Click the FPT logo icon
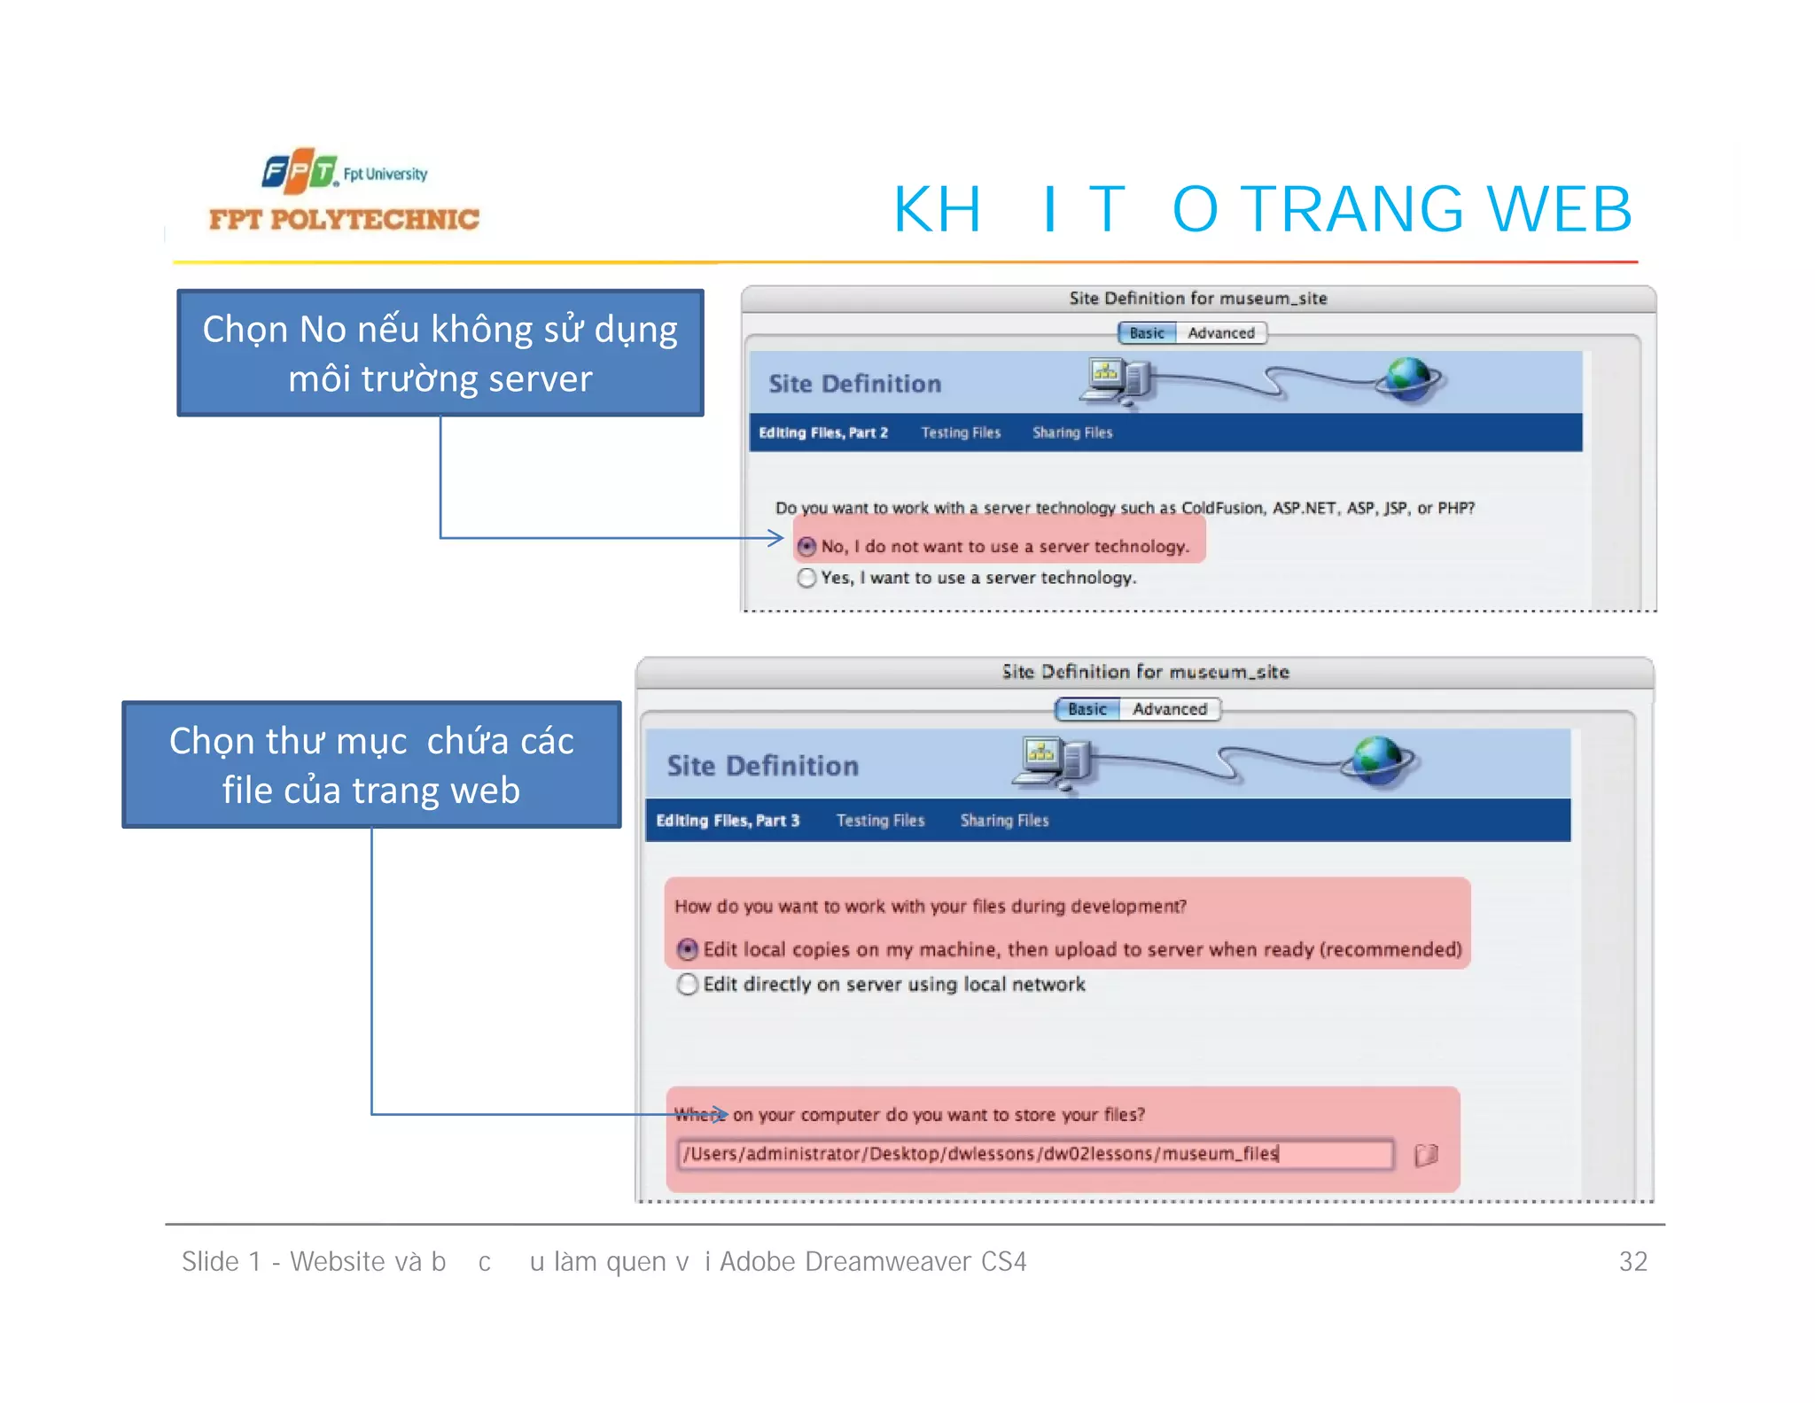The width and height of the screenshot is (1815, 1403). tap(299, 171)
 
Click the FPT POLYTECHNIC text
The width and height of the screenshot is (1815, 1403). tap(344, 219)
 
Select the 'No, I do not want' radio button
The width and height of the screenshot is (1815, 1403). tap(806, 547)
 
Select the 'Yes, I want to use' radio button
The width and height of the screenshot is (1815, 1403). tap(806, 578)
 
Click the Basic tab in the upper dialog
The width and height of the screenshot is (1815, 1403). tap(1147, 333)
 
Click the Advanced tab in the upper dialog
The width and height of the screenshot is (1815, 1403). tap(1221, 333)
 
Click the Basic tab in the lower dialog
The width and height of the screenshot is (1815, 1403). tap(1087, 709)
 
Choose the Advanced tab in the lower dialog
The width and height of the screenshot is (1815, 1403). tap(1170, 709)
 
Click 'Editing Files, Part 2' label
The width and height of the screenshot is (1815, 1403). tap(823, 433)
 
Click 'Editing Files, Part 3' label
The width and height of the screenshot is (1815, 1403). tap(728, 821)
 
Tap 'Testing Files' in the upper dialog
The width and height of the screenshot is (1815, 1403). tap(961, 433)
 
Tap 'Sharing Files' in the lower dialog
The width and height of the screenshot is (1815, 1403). tap(1004, 821)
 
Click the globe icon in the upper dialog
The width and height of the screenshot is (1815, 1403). tap(1409, 379)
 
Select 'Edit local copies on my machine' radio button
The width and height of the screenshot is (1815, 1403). tap(688, 950)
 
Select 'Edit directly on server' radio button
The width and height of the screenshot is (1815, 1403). tap(688, 985)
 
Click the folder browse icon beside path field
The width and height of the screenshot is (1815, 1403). tap(1426, 1155)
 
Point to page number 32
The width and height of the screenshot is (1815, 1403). tap(1632, 1261)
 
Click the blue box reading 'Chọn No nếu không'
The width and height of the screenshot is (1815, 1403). tap(440, 353)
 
